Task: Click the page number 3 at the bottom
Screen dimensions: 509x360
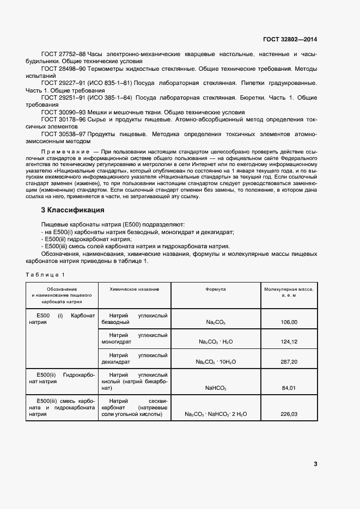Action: [315, 464]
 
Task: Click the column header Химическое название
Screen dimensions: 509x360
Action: [135, 289]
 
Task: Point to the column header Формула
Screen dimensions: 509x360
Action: [216, 289]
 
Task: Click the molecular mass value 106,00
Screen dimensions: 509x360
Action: [289, 322]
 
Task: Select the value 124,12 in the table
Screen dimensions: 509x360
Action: [289, 342]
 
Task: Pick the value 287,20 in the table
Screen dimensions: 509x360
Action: [289, 361]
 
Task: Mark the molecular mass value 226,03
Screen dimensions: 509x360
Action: [289, 414]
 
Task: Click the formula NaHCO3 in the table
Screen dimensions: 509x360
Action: [216, 388]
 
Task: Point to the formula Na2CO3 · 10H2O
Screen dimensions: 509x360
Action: [216, 361]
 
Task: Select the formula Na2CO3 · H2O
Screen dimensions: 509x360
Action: [216, 342]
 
